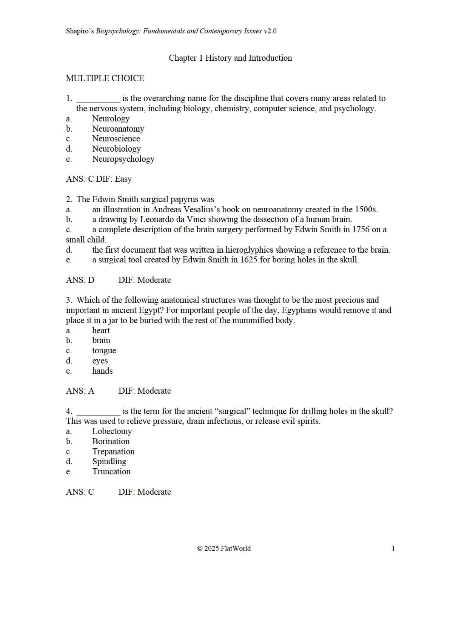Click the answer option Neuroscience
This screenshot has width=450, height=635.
pos(116,138)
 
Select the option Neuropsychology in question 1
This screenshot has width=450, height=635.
pos(123,159)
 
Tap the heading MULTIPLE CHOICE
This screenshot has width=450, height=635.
pos(105,78)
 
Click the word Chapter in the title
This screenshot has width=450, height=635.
pos(183,58)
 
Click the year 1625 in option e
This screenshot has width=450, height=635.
pos(249,259)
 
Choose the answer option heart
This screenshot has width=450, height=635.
pos(101,330)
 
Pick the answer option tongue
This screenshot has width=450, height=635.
pos(104,350)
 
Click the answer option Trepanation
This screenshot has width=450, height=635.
pos(113,451)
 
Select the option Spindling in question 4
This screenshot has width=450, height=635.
pos(109,461)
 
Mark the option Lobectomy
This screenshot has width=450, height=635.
pos(112,431)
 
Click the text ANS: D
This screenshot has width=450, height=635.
pos(80,280)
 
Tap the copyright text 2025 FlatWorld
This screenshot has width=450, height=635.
pos(227,548)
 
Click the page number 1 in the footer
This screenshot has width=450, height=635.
pos(393,549)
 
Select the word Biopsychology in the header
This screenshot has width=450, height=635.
pos(117,31)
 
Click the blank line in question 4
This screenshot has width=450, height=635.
pos(98,412)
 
